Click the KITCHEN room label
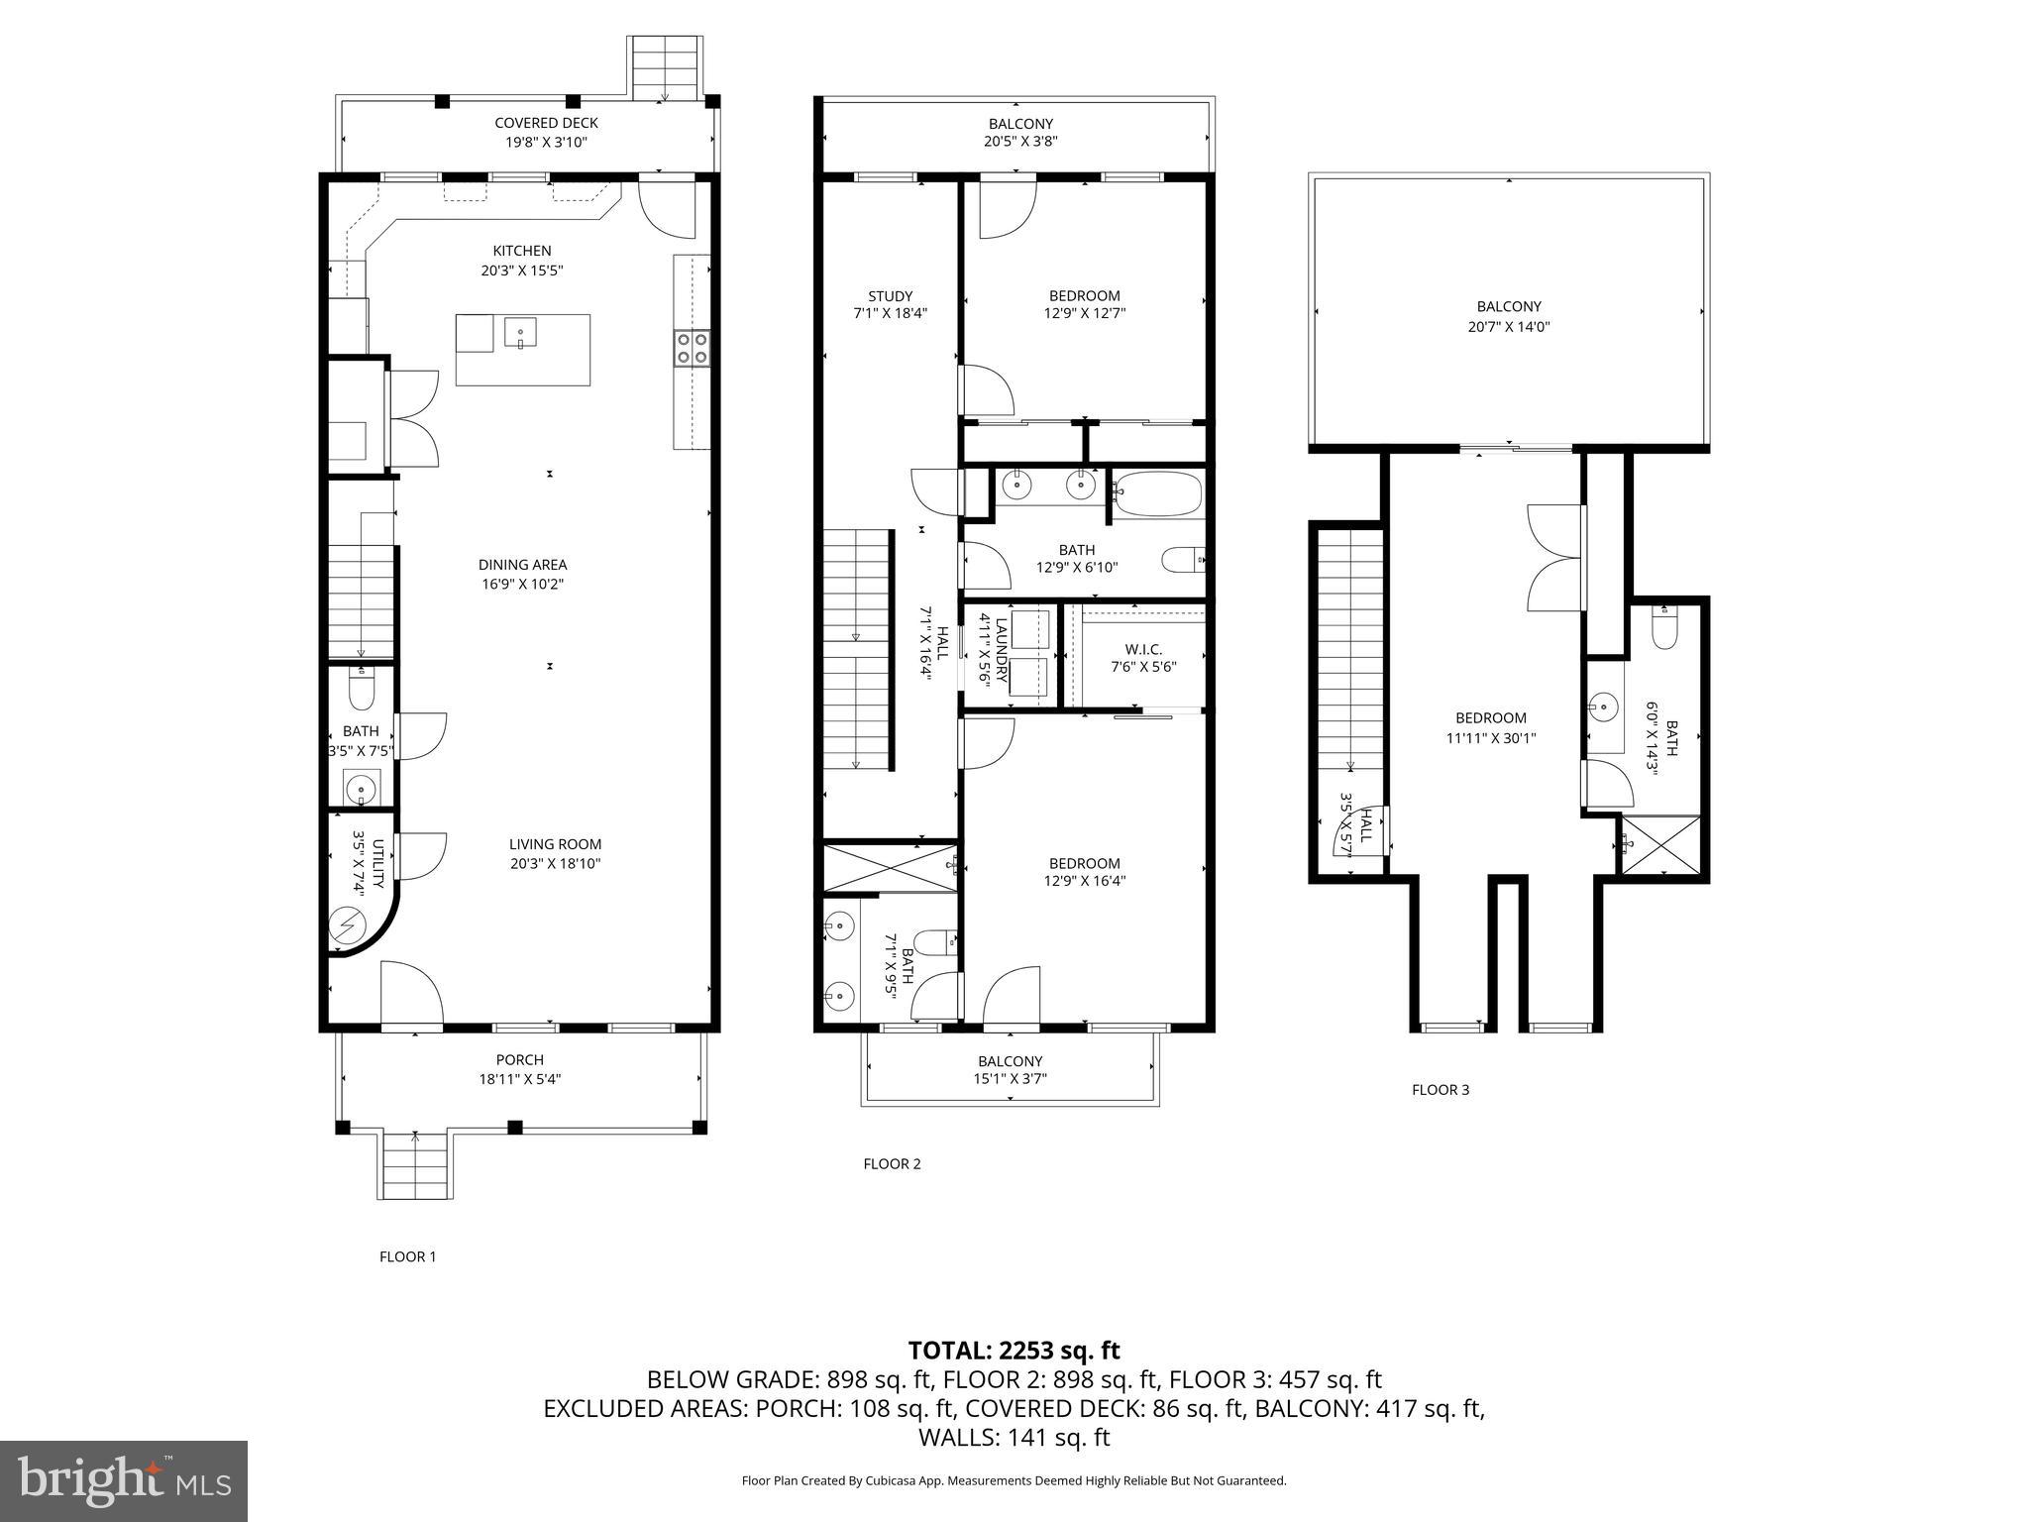pos(522,251)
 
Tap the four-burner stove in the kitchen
pos(692,349)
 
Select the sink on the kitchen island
pos(520,332)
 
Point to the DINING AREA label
pos(522,565)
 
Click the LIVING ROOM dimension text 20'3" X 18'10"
pos(555,863)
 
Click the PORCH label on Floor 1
pos(520,1060)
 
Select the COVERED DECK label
pos(546,123)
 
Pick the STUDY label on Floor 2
pos(890,295)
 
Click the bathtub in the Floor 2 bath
pos(1157,493)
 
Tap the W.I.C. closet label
pos(1142,649)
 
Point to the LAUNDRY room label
pos(1001,651)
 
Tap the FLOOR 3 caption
pos(1440,1090)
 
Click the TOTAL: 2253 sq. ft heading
pos(1014,1350)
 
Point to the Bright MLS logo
pos(124,1480)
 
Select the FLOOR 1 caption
pos(407,1256)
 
